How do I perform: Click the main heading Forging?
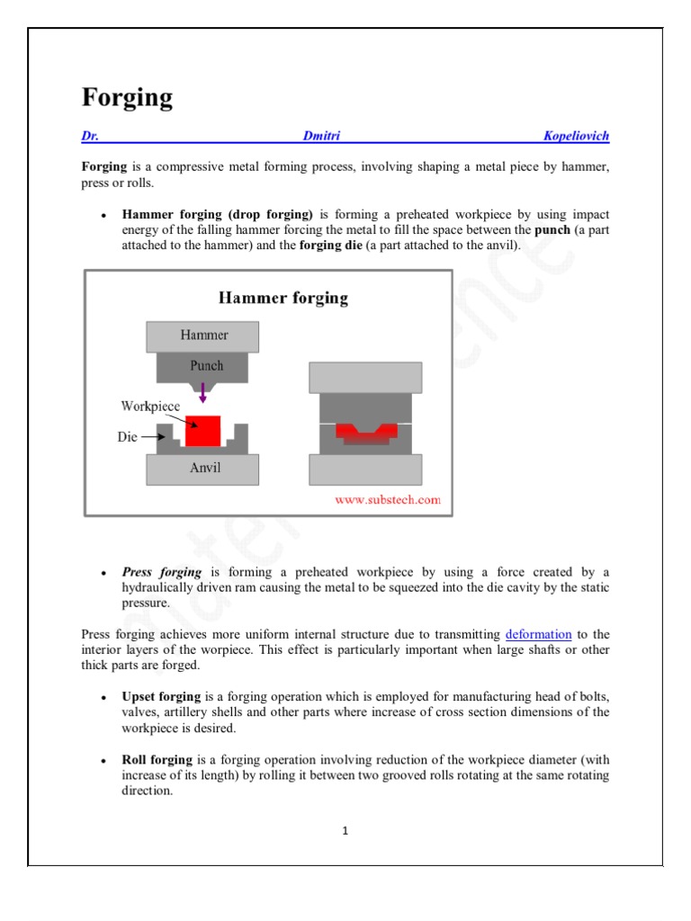pyautogui.click(x=127, y=97)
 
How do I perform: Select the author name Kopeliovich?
pyautogui.click(x=576, y=136)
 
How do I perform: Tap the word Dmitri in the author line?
pyautogui.click(x=321, y=136)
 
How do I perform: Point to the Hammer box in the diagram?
pyautogui.click(x=203, y=335)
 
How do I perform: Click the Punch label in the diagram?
pyautogui.click(x=206, y=366)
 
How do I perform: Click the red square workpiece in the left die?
pyautogui.click(x=202, y=430)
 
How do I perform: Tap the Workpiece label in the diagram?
pyautogui.click(x=150, y=406)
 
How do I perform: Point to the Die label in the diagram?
pyautogui.click(x=128, y=437)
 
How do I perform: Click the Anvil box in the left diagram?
pyautogui.click(x=203, y=469)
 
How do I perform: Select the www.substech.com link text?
pyautogui.click(x=388, y=500)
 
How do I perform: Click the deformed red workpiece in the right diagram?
pyautogui.click(x=365, y=434)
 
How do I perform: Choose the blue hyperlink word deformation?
pyautogui.click(x=538, y=635)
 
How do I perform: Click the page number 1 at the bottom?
pyautogui.click(x=345, y=830)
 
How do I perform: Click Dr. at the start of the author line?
pyautogui.click(x=90, y=136)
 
